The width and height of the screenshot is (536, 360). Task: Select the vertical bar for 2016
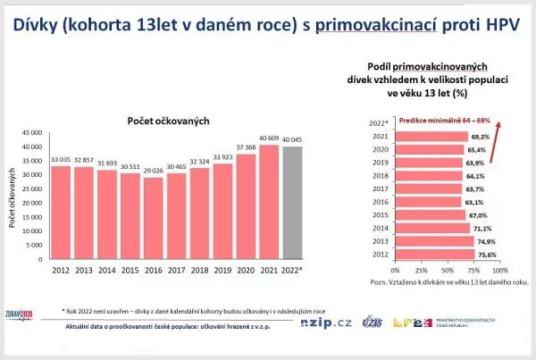pyautogui.click(x=155, y=214)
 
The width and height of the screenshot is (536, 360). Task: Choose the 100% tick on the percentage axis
pyautogui.click(x=498, y=270)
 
